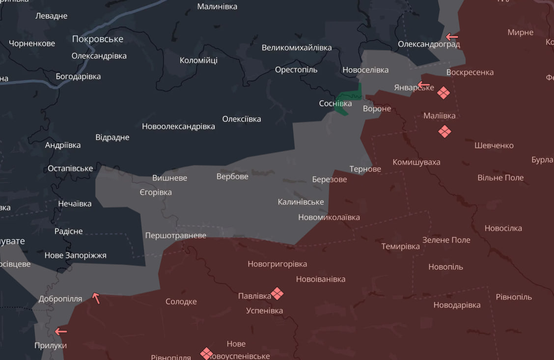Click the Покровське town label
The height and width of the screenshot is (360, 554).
[98, 39]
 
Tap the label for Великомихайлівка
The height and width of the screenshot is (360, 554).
[297, 48]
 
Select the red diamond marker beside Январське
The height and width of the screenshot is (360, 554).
[443, 93]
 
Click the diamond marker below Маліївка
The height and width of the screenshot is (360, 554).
[444, 132]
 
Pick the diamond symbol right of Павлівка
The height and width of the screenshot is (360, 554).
[277, 294]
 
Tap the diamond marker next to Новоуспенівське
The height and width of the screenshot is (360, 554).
[207, 353]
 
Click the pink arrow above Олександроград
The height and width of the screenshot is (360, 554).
[452, 37]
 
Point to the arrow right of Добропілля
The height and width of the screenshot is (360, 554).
[96, 298]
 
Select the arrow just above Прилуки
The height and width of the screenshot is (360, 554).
[61, 332]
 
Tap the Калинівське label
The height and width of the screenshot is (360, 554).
[301, 202]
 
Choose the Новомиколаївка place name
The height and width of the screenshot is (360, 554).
[329, 217]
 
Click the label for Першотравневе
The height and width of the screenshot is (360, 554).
[176, 235]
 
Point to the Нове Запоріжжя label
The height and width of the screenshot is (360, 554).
[75, 255]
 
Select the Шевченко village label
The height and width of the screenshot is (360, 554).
[494, 145]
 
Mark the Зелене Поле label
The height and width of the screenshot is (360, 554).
[446, 240]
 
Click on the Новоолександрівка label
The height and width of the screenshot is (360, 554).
[178, 126]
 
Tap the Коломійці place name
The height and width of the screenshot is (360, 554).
[198, 60]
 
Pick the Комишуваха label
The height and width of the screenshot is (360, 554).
[416, 162]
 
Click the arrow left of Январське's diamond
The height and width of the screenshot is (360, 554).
[423, 84]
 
